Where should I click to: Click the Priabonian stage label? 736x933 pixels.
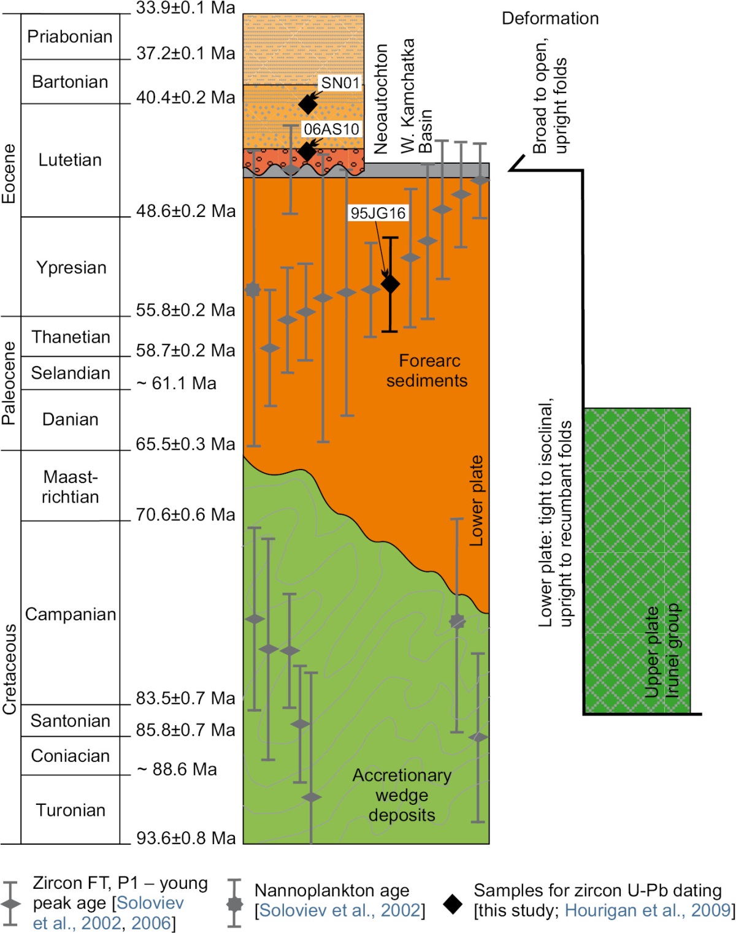pos(70,37)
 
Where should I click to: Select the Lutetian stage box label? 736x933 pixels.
pos(70,160)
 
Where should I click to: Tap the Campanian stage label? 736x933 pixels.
pos(71,614)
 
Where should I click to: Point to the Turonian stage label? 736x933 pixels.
pos(71,810)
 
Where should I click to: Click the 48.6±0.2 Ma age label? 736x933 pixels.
pos(185,211)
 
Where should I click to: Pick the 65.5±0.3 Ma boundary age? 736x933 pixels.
pos(185,444)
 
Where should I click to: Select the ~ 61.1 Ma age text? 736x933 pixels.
pos(177,384)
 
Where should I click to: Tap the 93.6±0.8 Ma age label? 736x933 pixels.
pos(185,838)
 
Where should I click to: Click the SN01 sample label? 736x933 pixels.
pos(340,83)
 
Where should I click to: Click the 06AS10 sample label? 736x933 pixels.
pos(331,129)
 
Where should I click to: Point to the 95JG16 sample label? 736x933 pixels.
pos(378,213)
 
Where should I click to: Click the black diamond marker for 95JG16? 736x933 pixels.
pos(391,284)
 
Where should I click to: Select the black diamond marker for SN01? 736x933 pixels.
pos(308,104)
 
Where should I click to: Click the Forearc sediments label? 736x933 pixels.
pos(427,370)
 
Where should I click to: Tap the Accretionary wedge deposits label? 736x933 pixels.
pos(402,795)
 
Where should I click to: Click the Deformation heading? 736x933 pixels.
pos(550,18)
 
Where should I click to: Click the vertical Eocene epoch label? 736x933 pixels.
pos(9,173)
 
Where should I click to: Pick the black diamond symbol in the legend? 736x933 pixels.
pos(453,904)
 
